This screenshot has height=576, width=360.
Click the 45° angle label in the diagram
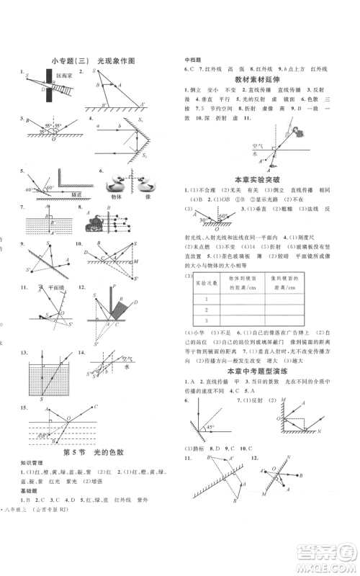pyautogui.click(x=213, y=428)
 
